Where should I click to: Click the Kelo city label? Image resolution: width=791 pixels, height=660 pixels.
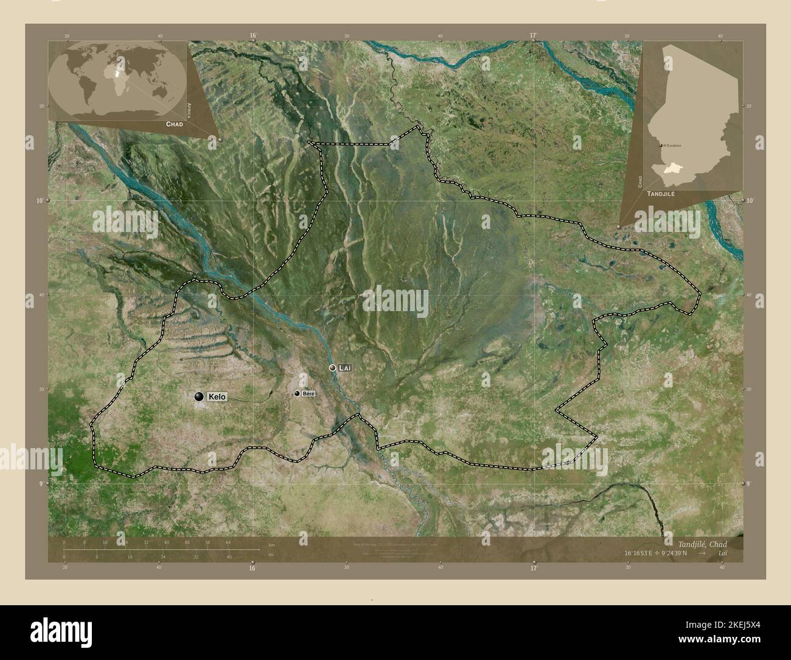pyautogui.click(x=217, y=397)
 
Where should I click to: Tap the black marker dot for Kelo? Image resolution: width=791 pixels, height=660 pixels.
pyautogui.click(x=199, y=396)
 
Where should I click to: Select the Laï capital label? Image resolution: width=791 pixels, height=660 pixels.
pyautogui.click(x=346, y=368)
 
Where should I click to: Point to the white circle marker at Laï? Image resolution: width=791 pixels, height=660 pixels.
pyautogui.click(x=332, y=368)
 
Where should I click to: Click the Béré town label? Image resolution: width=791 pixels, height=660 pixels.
pyautogui.click(x=308, y=395)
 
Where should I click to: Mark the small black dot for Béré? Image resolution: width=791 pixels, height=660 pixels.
pyautogui.click(x=297, y=395)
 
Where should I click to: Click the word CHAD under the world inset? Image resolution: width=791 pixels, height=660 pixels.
pyautogui.click(x=174, y=124)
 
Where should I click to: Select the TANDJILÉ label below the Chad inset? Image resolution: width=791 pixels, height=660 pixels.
pyautogui.click(x=661, y=192)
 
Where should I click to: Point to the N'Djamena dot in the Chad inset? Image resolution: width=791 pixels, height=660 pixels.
pyautogui.click(x=660, y=146)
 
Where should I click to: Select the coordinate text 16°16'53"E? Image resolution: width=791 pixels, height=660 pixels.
pyautogui.click(x=639, y=553)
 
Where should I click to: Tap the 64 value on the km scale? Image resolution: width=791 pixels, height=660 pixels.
pyautogui.click(x=228, y=542)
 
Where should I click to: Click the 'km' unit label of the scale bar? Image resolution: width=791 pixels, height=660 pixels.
pyautogui.click(x=271, y=544)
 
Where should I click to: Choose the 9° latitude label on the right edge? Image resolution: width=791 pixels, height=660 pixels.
pyautogui.click(x=748, y=483)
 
